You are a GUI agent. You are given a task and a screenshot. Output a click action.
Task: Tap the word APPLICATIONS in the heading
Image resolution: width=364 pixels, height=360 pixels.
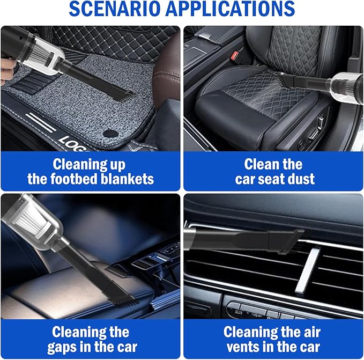pos(236,10)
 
